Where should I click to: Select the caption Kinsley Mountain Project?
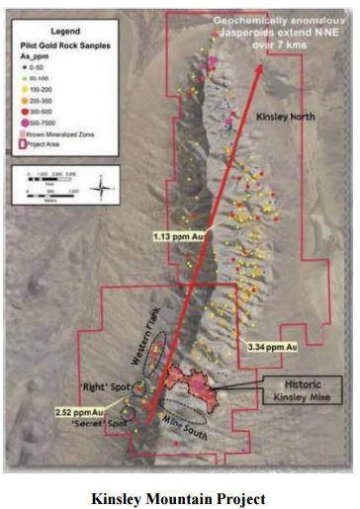pyautogui.click(x=179, y=494)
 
